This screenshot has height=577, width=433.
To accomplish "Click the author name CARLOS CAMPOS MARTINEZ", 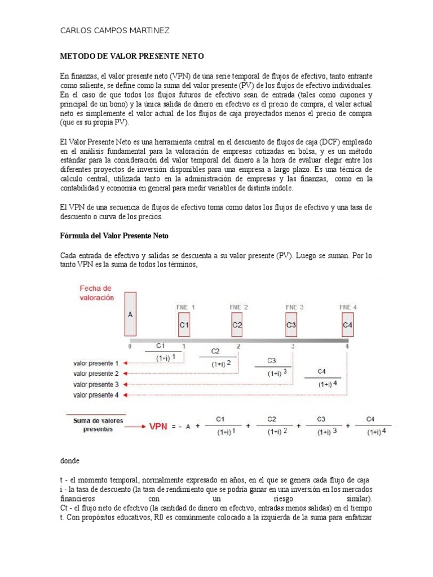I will [114, 30].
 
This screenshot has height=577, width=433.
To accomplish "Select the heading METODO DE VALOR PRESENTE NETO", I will [131, 57].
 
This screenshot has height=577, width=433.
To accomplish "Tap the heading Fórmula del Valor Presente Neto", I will [114, 235].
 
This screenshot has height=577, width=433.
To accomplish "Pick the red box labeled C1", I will [184, 325].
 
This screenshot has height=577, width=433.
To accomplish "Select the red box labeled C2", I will [237, 325].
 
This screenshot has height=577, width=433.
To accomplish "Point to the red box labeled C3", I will [291, 325].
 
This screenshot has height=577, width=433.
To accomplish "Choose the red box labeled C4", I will [348, 325].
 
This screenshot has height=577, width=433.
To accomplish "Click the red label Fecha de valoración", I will [96, 292].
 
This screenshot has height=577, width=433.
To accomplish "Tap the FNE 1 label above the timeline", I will [185, 307].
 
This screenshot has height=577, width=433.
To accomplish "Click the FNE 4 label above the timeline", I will [348, 307].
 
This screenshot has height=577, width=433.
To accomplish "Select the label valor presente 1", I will [96, 363].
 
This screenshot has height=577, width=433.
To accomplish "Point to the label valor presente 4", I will [96, 395].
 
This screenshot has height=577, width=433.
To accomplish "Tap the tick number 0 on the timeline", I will [129, 347].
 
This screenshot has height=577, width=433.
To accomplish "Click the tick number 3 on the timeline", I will [292, 347].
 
